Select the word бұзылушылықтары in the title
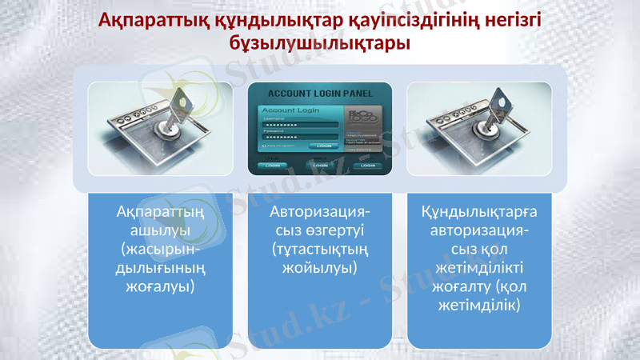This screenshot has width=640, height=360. click(x=320, y=42)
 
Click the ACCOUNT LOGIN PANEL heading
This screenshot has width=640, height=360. click(x=320, y=93)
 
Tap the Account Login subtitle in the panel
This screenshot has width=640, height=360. click(x=286, y=110)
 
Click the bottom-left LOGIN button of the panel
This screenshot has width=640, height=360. click(x=271, y=165)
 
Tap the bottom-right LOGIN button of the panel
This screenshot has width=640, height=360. click(x=368, y=165)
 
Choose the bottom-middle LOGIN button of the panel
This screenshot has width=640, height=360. click(x=321, y=165)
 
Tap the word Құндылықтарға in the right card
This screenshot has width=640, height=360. click(x=479, y=212)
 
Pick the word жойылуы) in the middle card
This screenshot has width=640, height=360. click(x=320, y=267)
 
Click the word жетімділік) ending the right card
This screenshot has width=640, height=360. click(x=479, y=305)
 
